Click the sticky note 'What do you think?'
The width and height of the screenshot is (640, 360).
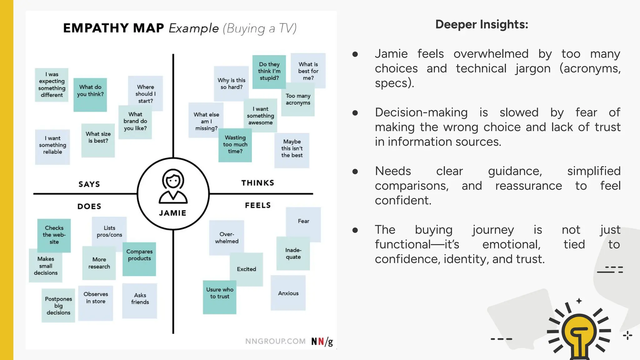90,95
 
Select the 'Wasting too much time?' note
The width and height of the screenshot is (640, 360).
235,145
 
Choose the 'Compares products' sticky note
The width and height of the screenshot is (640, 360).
139,258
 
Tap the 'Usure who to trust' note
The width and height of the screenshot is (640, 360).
219,296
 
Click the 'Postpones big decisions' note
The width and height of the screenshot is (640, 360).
58,305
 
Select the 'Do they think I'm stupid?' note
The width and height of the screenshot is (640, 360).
269,72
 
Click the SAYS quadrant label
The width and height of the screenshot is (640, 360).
89,184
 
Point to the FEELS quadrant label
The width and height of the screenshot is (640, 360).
258,205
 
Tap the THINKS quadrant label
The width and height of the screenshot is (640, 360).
258,183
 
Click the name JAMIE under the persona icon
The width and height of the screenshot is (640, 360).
172,213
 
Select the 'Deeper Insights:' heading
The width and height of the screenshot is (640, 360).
482,24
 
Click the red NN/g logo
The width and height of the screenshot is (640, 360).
322,342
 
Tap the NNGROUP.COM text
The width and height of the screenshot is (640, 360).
275,341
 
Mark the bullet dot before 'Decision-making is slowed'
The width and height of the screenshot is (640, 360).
355,112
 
